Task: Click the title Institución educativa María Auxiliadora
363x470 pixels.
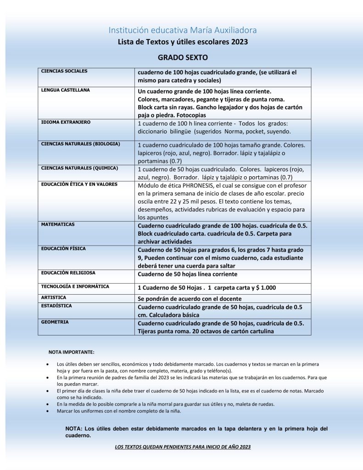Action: pos(182,30)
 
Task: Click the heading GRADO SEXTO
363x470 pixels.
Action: pos(183,58)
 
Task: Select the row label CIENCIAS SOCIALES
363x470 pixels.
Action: pos(64,71)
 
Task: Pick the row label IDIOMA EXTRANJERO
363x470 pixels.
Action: pos(66,123)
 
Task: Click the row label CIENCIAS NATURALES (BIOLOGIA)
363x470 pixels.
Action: pos(80,144)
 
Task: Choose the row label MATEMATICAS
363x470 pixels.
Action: pos(58,224)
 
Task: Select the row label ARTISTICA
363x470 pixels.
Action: pos(54,297)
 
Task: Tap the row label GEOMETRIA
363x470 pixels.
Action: pos(55,322)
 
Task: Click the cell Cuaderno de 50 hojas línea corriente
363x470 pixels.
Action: pos(187,274)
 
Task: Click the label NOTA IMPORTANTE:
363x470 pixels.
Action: pos(71,352)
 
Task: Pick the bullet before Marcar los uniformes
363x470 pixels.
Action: pos(49,411)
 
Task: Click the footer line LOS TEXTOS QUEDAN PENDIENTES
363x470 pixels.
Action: pos(183,447)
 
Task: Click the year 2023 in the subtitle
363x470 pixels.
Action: pos(239,42)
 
